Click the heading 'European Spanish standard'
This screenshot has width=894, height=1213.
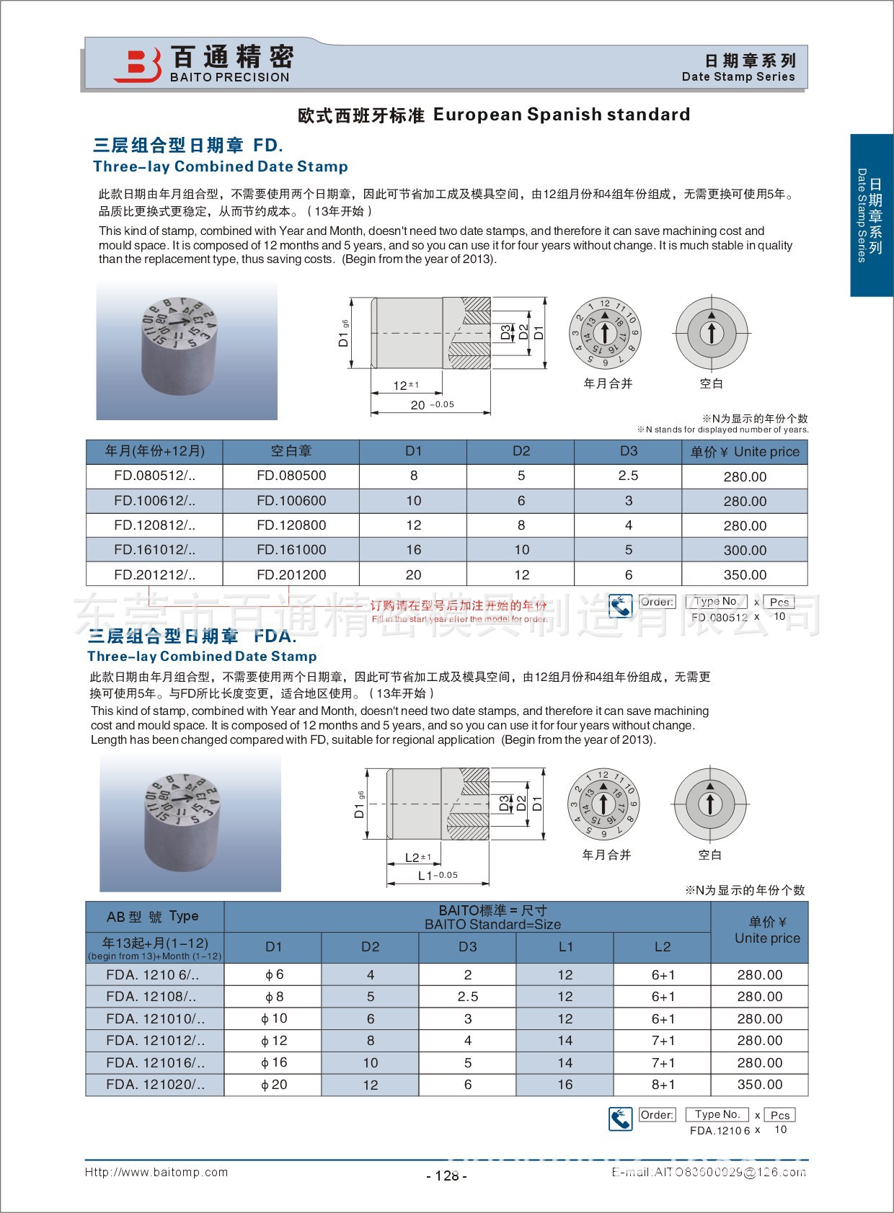pyautogui.click(x=562, y=115)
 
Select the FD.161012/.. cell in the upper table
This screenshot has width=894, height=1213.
pyautogui.click(x=154, y=550)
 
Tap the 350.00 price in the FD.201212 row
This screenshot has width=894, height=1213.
pyautogui.click(x=745, y=575)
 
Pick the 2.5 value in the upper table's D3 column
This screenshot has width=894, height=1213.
pyautogui.click(x=628, y=476)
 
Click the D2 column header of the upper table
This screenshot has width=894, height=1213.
pyautogui.click(x=521, y=451)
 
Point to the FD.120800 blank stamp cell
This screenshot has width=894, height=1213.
pyautogui.click(x=291, y=525)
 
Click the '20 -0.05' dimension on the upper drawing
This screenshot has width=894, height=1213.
pyautogui.click(x=431, y=405)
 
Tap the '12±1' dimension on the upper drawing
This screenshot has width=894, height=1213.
pyautogui.click(x=405, y=386)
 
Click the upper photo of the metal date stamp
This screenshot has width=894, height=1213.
pyautogui.click(x=186, y=351)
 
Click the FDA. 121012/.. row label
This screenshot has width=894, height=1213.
pyautogui.click(x=155, y=1041)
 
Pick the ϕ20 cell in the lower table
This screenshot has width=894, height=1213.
pyautogui.click(x=274, y=1085)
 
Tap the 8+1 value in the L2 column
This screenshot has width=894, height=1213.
pyautogui.click(x=663, y=1085)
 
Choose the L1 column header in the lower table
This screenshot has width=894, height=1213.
pyautogui.click(x=565, y=947)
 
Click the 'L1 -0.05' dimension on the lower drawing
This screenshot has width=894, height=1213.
pyautogui.click(x=437, y=876)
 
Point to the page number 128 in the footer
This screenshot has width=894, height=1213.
pyautogui.click(x=447, y=1176)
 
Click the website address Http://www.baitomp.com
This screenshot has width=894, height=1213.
pyautogui.click(x=156, y=1173)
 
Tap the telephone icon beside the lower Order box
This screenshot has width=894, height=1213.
pyautogui.click(x=620, y=1119)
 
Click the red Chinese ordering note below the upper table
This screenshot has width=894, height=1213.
pyautogui.click(x=459, y=605)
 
